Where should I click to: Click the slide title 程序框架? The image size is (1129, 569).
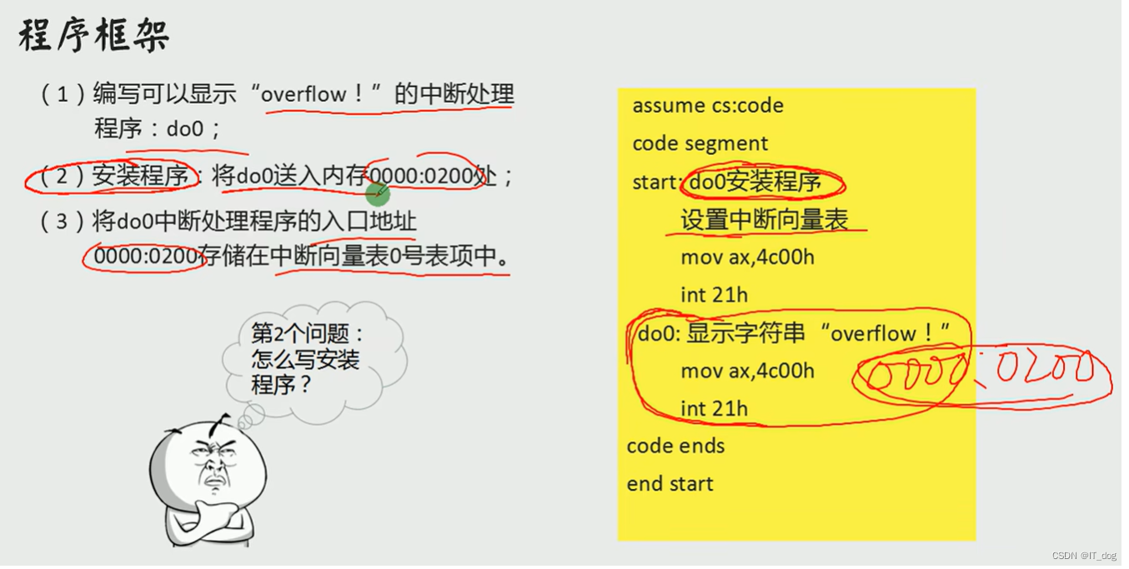tap(94, 36)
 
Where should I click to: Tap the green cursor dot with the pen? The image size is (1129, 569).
tap(378, 193)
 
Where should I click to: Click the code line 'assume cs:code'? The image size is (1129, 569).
tap(707, 106)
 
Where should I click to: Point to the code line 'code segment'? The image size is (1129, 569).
tap(700, 143)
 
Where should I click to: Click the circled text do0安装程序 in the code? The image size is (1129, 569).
tap(755, 182)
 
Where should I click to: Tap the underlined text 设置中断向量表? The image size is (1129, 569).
tap(764, 220)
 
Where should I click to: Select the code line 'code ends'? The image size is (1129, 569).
tap(675, 446)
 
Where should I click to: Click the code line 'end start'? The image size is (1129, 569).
tap(670, 484)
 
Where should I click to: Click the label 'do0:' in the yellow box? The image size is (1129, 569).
tap(660, 334)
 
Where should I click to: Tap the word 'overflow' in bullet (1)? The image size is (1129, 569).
tap(303, 94)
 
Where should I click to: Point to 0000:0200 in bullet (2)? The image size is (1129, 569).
tap(421, 176)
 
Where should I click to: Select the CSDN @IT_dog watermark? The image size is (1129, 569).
tap(1083, 556)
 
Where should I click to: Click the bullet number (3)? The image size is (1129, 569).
tap(63, 222)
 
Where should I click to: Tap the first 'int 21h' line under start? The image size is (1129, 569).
tap(714, 295)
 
